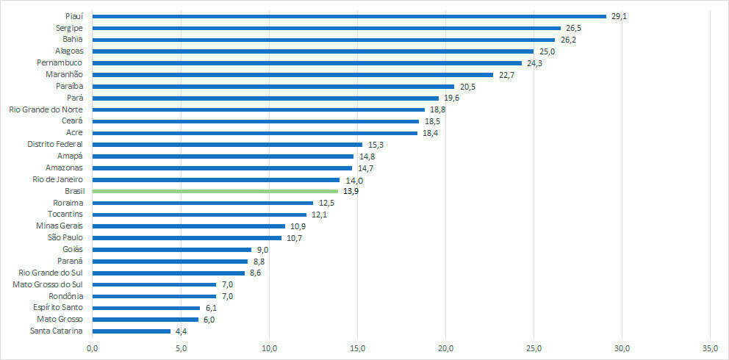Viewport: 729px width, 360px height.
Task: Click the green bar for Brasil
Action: [225, 191]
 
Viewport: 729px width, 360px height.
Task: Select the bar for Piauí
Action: [349, 15]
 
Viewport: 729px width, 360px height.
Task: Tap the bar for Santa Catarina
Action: [132, 331]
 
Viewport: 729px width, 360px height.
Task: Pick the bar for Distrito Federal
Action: [227, 145]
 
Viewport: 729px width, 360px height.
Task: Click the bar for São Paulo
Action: [187, 238]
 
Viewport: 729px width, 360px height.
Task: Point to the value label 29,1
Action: [619, 15]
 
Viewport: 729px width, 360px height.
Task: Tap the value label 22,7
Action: [506, 74]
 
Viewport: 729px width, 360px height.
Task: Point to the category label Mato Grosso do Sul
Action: [48, 284]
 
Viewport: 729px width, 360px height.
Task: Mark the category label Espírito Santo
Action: [58, 308]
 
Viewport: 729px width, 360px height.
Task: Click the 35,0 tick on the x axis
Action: [711, 348]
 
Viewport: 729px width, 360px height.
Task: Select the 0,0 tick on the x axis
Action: [93, 348]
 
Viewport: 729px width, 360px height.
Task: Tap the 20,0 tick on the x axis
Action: [446, 348]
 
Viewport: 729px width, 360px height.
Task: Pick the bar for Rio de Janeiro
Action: [216, 179]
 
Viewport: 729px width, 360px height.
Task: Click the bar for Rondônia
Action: [154, 296]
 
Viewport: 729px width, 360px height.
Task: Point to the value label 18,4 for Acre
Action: [431, 133]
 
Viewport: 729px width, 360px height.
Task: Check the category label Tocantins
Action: [65, 215]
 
